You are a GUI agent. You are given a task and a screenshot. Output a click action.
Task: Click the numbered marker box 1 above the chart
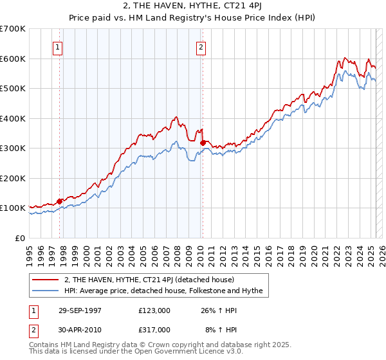[x=57, y=46]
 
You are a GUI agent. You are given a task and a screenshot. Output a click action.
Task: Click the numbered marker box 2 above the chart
[x=201, y=46]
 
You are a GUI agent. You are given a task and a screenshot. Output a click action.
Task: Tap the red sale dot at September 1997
[x=60, y=201]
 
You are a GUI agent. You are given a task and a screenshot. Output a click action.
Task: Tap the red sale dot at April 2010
[x=203, y=143]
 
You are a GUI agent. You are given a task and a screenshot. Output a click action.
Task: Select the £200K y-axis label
[x=13, y=178]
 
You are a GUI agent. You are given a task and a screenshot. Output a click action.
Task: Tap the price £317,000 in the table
[x=154, y=329]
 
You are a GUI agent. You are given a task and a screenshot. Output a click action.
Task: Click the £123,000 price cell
[x=154, y=311]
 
